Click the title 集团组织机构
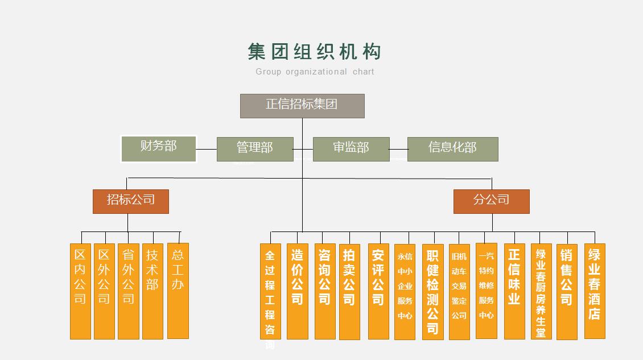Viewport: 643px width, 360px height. tap(314, 52)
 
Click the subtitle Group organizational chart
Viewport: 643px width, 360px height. tap(315, 72)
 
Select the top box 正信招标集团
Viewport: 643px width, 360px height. tap(302, 106)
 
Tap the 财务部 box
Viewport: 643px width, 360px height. tap(159, 148)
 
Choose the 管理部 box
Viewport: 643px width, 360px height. tap(255, 149)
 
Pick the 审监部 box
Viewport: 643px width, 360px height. tap(351, 149)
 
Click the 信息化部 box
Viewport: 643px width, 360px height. tap(452, 149)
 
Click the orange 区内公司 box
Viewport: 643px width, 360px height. tap(80, 291)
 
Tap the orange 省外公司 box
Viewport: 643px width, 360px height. tap(128, 291)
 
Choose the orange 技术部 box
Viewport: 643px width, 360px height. tap(152, 291)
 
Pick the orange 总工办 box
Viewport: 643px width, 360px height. tap(178, 291)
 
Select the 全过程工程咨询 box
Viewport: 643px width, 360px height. tap(270, 291)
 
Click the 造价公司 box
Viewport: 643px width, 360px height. tap(297, 291)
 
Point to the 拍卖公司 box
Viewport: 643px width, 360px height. tap(349, 291)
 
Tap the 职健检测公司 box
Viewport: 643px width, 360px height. tap(432, 292)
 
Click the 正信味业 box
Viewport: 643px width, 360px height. tap(514, 291)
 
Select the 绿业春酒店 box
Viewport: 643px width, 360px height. tap(595, 291)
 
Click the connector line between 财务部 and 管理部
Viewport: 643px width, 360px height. tap(207, 149)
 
